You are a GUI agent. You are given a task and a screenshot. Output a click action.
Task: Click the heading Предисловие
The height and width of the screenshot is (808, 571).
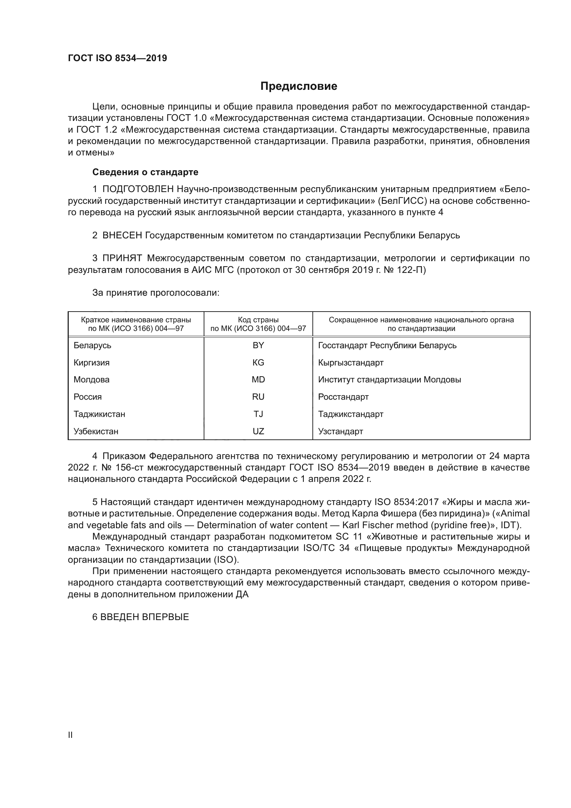[x=299, y=86]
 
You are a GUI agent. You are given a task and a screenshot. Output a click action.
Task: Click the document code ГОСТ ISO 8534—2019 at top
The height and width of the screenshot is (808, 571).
[x=117, y=58]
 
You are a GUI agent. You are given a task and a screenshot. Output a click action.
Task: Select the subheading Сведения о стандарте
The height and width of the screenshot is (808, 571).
[x=145, y=172]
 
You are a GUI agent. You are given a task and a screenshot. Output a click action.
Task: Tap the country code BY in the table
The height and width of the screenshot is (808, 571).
[x=258, y=345]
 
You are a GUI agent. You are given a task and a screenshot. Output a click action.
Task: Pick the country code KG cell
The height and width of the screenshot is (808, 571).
[x=258, y=362]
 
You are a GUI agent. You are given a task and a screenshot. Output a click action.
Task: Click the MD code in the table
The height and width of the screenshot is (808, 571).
[x=258, y=380]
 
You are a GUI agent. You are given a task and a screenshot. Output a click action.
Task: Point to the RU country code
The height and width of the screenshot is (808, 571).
[x=258, y=397]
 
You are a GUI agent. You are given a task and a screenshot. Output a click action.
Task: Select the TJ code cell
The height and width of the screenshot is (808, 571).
[x=258, y=414]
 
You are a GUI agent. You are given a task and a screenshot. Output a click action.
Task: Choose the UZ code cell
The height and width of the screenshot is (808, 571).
[x=258, y=431]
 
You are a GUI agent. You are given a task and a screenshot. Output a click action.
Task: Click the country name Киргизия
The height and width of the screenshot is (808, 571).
[x=91, y=362]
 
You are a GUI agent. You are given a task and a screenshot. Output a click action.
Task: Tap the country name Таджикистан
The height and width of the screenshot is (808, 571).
[x=99, y=414]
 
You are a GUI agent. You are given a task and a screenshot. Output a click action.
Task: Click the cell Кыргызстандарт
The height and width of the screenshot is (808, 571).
[x=350, y=362]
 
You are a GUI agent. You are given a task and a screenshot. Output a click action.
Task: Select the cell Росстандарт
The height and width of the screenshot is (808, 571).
[x=343, y=397]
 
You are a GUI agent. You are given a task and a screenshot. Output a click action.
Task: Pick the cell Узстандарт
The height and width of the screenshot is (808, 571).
[x=340, y=431]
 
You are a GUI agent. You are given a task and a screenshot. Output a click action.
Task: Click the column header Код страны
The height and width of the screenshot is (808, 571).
[x=258, y=320]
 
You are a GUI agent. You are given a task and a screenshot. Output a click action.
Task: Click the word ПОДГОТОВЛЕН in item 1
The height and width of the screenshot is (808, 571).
[x=138, y=189]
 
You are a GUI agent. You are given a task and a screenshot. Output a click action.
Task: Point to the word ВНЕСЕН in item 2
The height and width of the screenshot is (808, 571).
[x=122, y=235]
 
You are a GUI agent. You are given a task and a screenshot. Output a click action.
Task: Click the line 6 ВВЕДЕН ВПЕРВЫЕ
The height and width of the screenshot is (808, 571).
[x=141, y=617]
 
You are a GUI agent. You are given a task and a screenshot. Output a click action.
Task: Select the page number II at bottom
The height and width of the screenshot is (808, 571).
[x=70, y=735]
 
